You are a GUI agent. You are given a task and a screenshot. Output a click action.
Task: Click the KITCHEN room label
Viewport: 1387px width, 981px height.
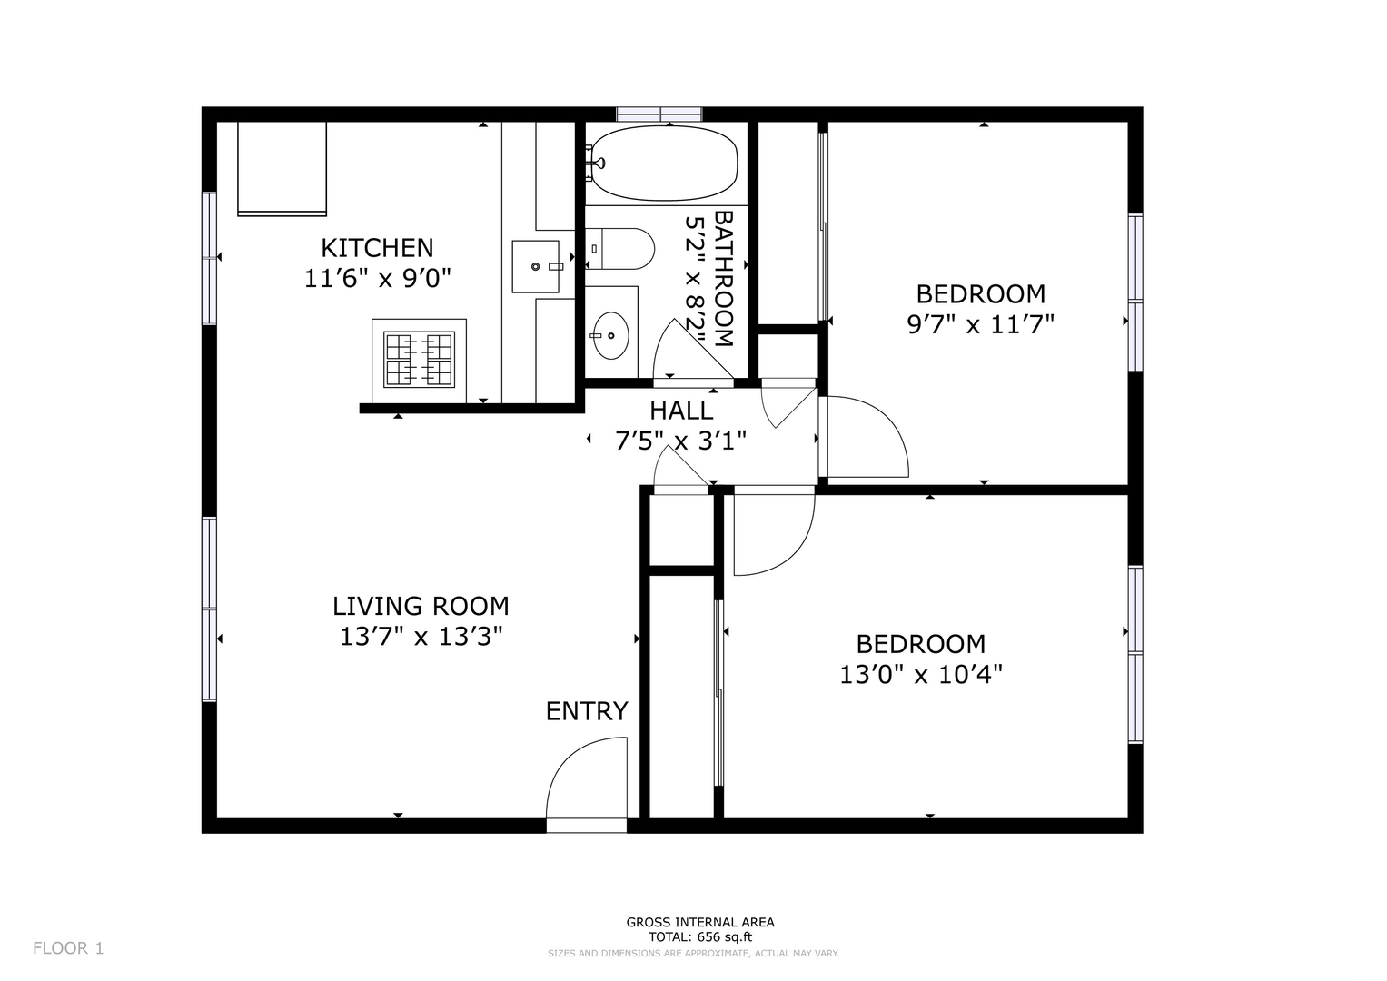[x=376, y=248]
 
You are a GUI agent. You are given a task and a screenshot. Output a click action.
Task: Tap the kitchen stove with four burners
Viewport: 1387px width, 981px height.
[x=420, y=360]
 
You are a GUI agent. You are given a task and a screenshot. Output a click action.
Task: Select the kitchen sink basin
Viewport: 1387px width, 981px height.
[x=536, y=266]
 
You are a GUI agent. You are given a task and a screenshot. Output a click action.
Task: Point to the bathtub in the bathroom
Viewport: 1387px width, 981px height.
[x=662, y=163]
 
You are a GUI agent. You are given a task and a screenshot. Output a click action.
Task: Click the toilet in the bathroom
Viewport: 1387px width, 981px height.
[x=619, y=248]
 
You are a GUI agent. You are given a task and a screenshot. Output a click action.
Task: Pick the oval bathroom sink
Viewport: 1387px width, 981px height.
[x=611, y=336]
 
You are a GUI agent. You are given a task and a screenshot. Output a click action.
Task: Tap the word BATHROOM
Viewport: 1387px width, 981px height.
[x=724, y=279]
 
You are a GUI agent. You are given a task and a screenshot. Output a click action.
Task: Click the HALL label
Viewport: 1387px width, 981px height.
[x=681, y=411]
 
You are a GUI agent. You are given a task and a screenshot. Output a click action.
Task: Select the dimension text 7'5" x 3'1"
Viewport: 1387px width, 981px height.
[x=680, y=441]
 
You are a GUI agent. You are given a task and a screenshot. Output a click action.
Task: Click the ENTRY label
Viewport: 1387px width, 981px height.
[x=587, y=711]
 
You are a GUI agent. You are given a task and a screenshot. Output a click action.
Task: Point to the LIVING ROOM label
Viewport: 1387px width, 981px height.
[x=421, y=607]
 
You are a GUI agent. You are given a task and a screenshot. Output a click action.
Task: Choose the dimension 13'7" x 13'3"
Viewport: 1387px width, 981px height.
[x=421, y=637]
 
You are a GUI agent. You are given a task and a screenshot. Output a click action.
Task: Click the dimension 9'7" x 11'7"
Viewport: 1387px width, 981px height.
[x=981, y=324]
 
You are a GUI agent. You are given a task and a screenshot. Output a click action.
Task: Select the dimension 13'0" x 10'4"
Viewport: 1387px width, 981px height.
[x=921, y=674]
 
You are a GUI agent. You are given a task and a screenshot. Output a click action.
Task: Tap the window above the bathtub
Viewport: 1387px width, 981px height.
[x=659, y=114]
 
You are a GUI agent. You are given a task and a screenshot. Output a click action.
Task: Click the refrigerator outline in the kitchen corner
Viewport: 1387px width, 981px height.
[x=282, y=168]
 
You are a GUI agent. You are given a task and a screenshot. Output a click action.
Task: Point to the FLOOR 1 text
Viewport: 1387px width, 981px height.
[x=68, y=948]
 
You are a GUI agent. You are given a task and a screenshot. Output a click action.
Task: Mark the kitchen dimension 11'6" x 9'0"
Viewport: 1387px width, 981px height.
[x=377, y=279]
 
